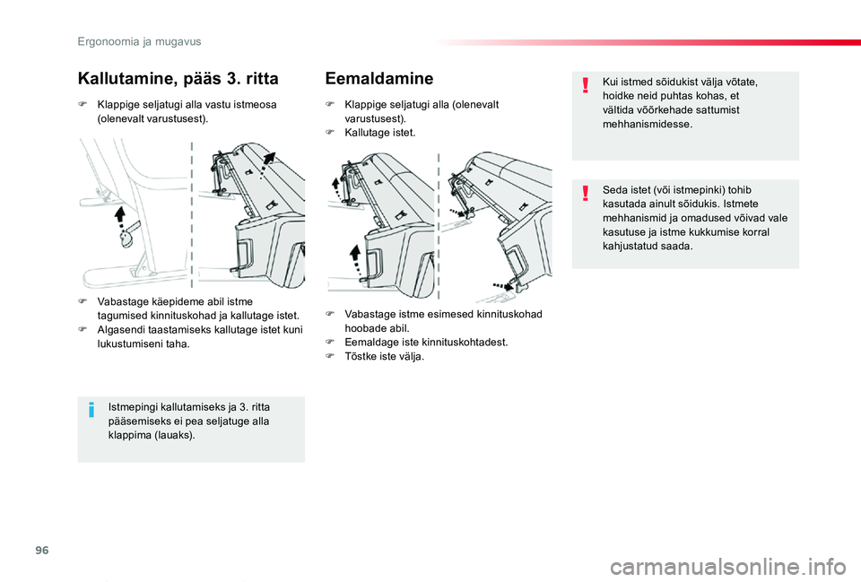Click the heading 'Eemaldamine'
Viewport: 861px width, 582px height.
379,78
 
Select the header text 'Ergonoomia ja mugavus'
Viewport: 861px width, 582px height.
139,41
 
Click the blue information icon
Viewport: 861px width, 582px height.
91,411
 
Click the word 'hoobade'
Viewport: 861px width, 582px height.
365,328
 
